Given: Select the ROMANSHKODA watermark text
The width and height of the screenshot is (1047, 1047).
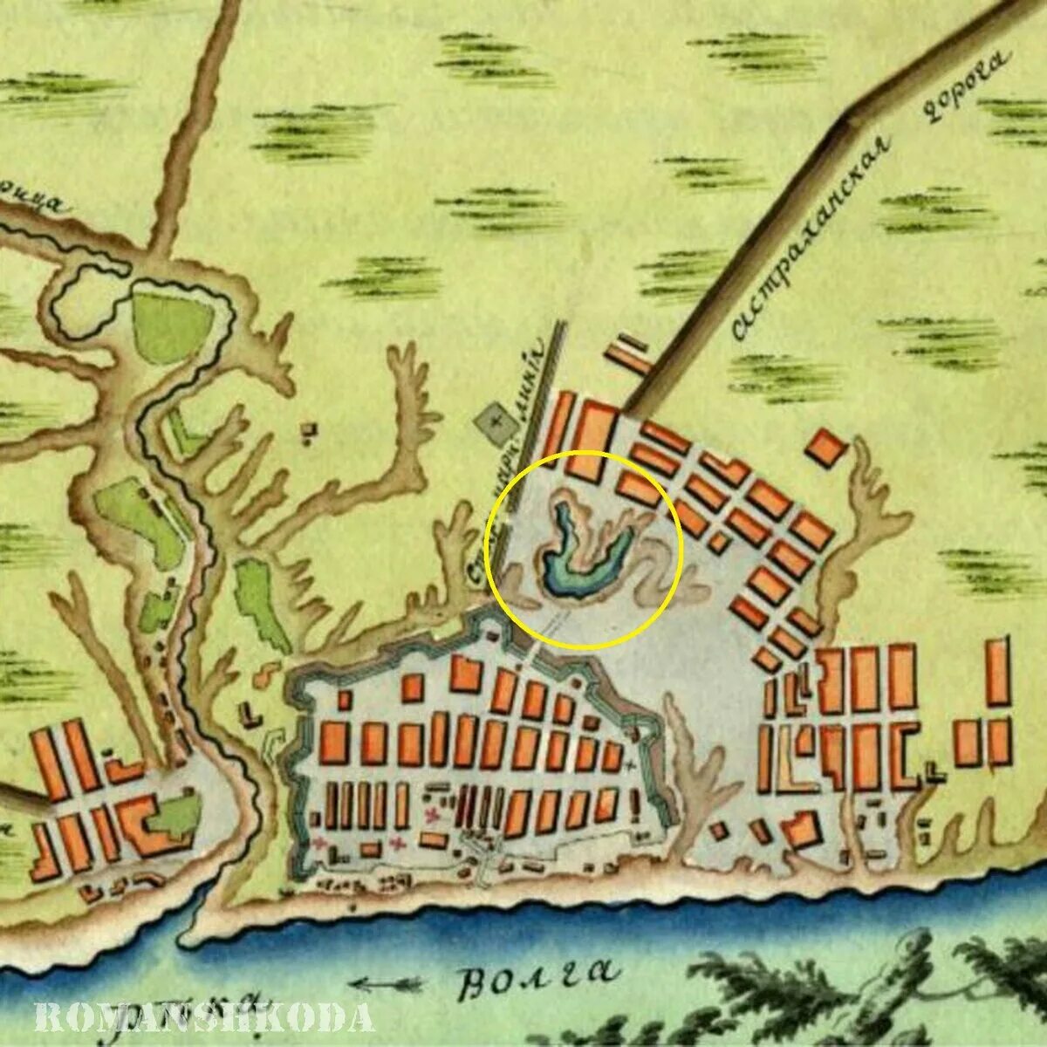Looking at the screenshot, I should [x=205, y=1017].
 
